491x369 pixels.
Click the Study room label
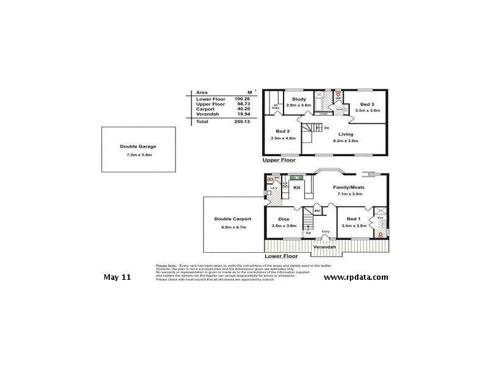pyautogui.click(x=299, y=99)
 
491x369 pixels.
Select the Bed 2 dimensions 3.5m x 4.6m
pyautogui.click(x=282, y=138)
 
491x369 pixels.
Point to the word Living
pyautogui.click(x=347, y=134)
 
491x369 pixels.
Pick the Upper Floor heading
pyautogui.click(x=279, y=160)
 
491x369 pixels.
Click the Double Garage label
pyautogui.click(x=138, y=146)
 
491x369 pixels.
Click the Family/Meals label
pyautogui.click(x=350, y=187)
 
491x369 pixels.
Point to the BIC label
pyautogui.click(x=317, y=210)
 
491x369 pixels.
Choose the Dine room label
pyautogui.click(x=284, y=219)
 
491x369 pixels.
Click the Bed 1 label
pyautogui.click(x=353, y=219)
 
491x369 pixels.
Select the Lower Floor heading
pyautogui.click(x=281, y=255)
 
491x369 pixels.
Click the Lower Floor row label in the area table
pyautogui.click(x=211, y=98)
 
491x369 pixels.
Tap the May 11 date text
pyautogui.click(x=117, y=277)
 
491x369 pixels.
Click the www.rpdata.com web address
pyautogui.click(x=356, y=277)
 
